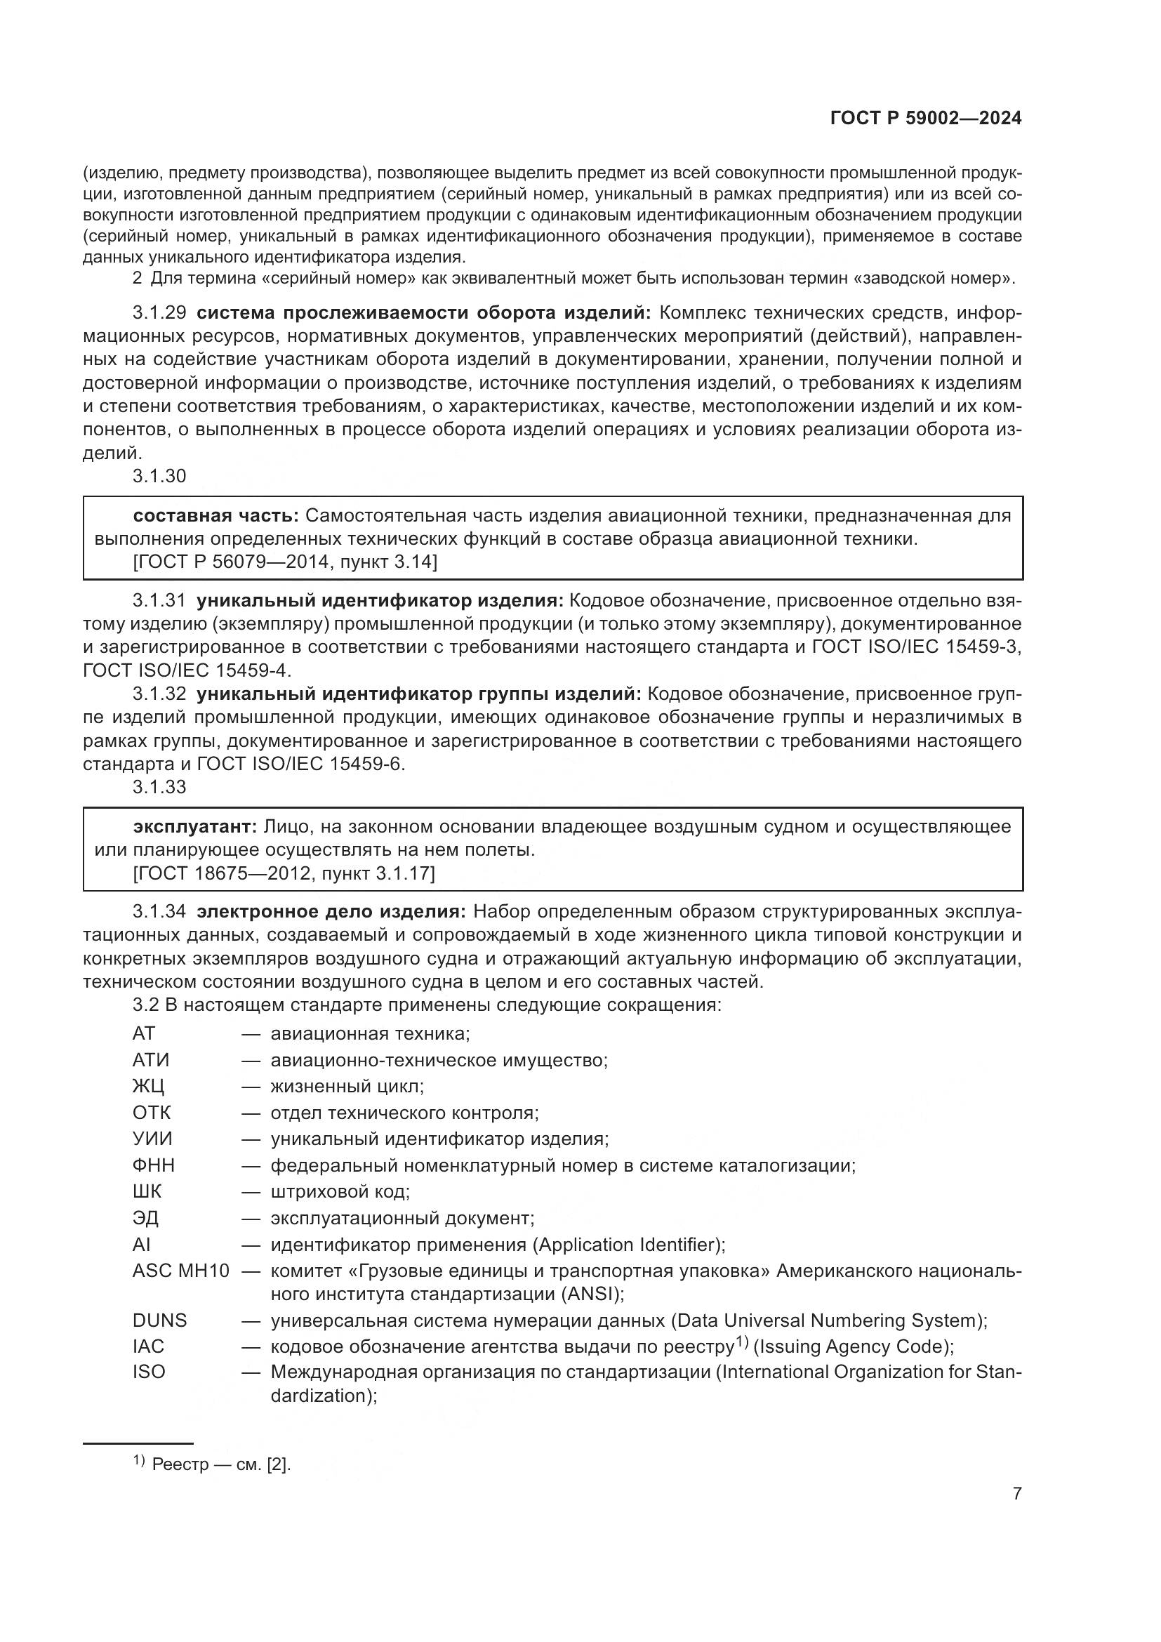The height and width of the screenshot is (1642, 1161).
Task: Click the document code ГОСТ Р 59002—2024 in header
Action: (926, 118)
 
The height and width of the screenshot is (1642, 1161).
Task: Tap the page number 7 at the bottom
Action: (1016, 1493)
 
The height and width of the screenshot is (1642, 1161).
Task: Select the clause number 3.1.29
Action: (159, 312)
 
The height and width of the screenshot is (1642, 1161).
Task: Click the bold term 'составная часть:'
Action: (216, 516)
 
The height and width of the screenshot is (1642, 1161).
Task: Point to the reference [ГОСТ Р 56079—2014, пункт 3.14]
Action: (284, 562)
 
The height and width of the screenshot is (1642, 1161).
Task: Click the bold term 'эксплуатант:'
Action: (195, 827)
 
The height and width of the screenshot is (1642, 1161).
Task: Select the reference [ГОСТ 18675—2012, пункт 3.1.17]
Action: (283, 873)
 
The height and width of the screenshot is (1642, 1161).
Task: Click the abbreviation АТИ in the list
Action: (151, 1060)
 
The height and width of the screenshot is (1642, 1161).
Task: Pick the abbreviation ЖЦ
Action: (148, 1086)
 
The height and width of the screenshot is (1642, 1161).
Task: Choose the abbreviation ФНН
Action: (153, 1165)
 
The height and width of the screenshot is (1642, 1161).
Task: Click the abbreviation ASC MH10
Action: (181, 1271)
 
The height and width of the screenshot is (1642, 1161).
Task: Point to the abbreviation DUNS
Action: (159, 1320)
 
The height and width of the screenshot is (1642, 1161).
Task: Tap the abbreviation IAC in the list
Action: (148, 1346)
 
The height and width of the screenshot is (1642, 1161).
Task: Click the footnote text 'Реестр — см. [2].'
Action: (221, 1464)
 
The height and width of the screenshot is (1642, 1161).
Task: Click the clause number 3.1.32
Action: (159, 694)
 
